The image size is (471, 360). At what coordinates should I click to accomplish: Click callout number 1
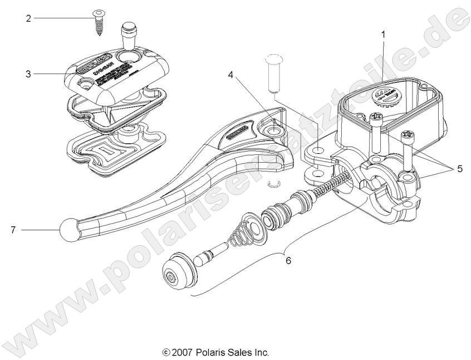pos(382,35)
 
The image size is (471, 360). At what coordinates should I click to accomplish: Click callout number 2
pos(28,18)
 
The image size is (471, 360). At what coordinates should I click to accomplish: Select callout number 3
pos(28,73)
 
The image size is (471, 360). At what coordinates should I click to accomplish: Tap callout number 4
pos(229,74)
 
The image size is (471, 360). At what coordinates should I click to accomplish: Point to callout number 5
pos(459,168)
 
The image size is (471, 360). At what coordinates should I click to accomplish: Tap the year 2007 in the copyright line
pos(182,352)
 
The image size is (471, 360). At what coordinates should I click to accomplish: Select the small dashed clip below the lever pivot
pos(273,183)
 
